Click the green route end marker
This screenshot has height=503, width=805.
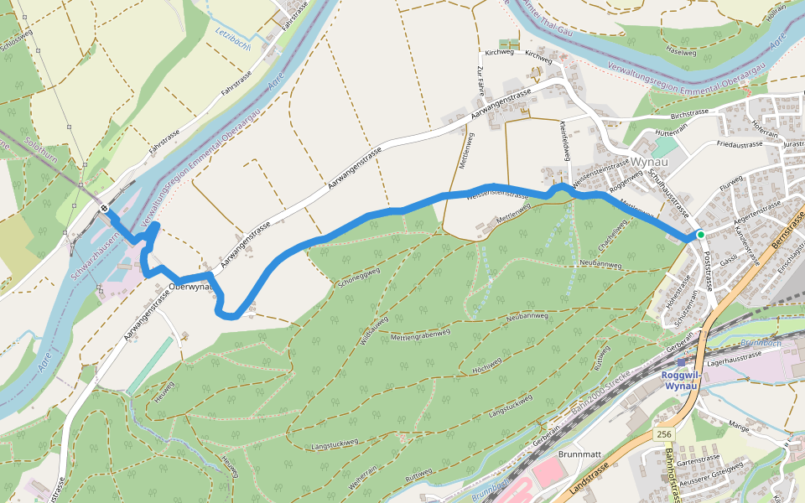click(x=700, y=235)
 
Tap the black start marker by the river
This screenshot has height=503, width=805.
click(x=104, y=207)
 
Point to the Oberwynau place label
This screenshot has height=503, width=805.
click(x=188, y=286)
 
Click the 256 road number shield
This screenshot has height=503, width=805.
click(x=664, y=433)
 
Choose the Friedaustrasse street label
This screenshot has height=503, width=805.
click(x=740, y=144)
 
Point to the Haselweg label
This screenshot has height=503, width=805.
click(x=680, y=52)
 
